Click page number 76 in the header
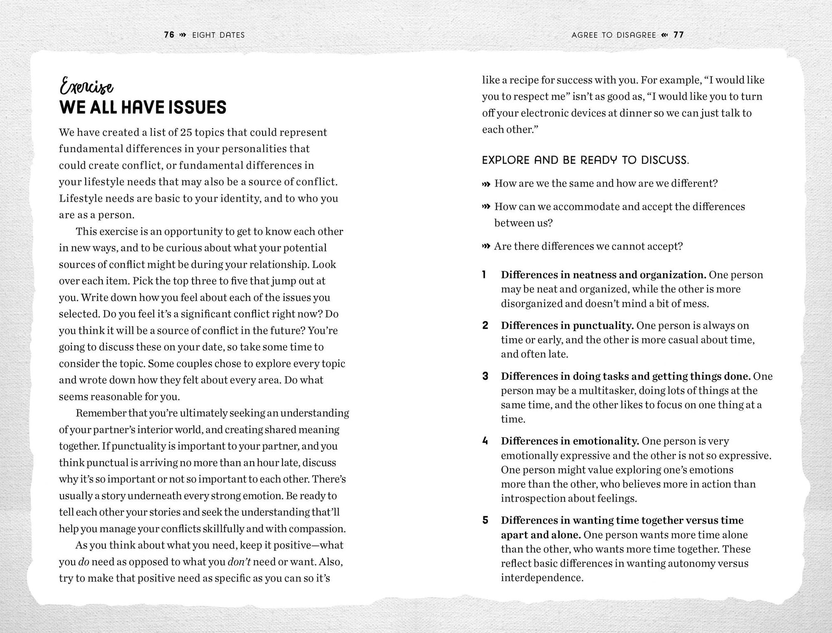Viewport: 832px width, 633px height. tap(169, 35)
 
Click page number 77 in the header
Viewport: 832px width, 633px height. tap(678, 35)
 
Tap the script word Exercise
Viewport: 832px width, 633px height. tap(87, 86)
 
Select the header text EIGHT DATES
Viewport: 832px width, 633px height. tap(218, 35)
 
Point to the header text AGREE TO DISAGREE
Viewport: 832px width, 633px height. tap(614, 35)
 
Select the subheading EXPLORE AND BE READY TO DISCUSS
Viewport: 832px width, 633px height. tap(585, 160)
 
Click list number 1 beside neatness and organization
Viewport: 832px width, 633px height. tap(484, 275)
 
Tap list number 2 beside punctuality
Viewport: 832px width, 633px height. tap(485, 325)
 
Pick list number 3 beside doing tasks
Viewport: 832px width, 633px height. tap(485, 376)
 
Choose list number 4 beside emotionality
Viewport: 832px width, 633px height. tap(485, 441)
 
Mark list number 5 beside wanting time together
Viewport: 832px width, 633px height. tap(485, 520)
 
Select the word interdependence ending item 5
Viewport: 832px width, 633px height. tap(542, 578)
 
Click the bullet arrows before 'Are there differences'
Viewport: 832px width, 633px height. tap(486, 246)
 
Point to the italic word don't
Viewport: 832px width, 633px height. tap(239, 562)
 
